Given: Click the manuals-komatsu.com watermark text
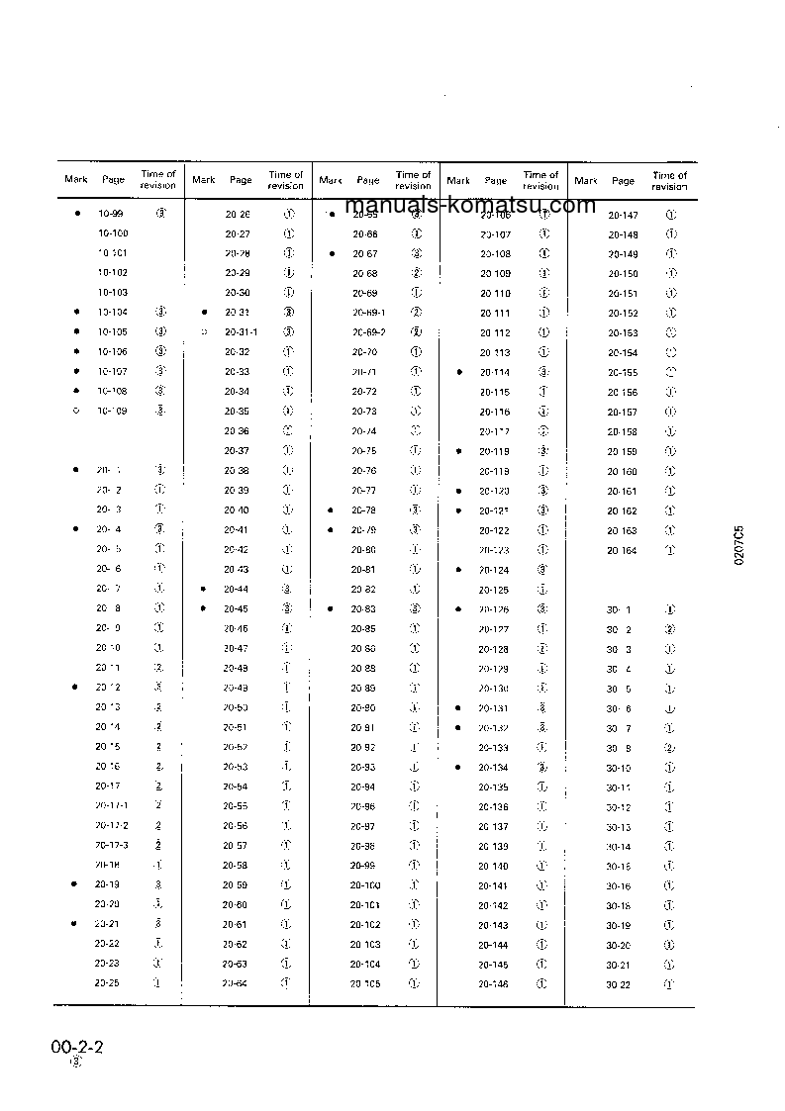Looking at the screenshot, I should (x=471, y=205).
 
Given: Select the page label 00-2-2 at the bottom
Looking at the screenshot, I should (x=78, y=1047).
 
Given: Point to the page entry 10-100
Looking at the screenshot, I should (x=113, y=233).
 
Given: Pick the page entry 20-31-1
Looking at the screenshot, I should (x=241, y=331).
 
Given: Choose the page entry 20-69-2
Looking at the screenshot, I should (x=369, y=331).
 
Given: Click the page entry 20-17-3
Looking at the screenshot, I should (x=112, y=845).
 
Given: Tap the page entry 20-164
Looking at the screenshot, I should (x=623, y=550).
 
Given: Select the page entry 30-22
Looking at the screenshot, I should (x=619, y=984).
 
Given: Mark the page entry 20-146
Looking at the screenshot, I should (x=494, y=984).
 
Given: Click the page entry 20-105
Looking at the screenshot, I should (x=365, y=984).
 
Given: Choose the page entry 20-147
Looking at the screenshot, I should (x=623, y=214).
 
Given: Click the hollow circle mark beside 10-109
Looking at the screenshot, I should (x=76, y=411).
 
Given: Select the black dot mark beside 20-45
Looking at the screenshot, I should (x=203, y=608).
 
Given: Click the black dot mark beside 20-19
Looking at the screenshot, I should (x=75, y=884).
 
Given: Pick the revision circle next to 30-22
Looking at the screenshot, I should (x=670, y=984).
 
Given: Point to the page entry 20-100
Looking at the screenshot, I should (x=365, y=884).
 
